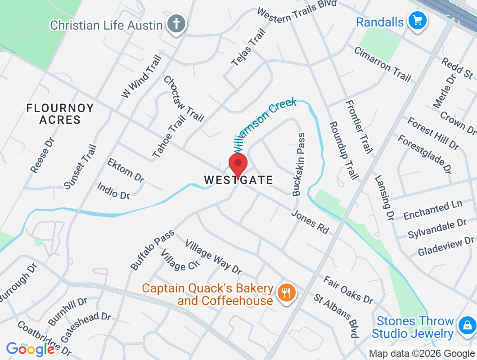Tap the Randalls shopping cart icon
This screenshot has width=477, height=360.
click(417, 21)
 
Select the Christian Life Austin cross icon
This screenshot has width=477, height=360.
click(177, 24)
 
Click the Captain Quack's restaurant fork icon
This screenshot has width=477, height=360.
click(286, 293)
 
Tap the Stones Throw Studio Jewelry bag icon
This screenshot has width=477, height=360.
click(467, 325)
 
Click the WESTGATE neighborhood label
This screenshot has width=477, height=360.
click(238, 180)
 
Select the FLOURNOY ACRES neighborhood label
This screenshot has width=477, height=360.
click(60, 114)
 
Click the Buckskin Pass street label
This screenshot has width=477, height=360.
click(299, 164)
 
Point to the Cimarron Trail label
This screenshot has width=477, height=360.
click(382, 64)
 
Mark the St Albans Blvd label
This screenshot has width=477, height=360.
click(337, 315)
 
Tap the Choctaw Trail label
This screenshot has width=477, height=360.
click(184, 98)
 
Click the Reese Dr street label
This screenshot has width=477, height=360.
click(42, 155)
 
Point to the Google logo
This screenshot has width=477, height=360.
click(31, 349)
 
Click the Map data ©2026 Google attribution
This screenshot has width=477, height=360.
click(422, 354)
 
